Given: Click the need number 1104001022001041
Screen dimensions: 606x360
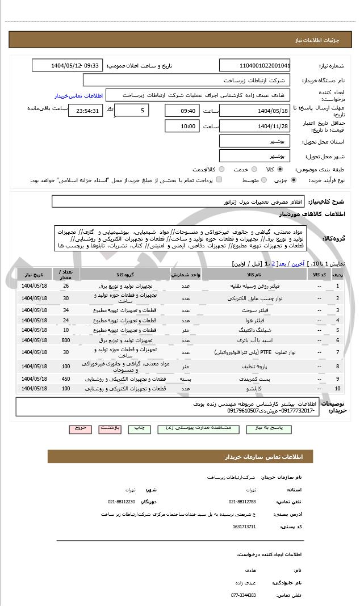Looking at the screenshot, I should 254,65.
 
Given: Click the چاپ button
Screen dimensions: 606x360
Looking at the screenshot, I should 140,430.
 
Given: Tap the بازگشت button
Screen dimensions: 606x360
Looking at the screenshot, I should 110,430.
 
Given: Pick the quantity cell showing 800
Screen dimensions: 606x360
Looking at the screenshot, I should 66,340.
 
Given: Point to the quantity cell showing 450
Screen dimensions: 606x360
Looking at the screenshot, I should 66,378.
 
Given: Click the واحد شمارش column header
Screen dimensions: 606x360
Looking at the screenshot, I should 185,274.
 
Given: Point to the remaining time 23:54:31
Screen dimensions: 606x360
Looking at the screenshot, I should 85,111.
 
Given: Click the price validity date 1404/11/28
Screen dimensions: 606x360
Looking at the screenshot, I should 254,126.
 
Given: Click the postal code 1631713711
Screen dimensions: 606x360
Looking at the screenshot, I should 244,527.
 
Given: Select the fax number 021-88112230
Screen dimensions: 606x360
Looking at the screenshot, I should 122,502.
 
